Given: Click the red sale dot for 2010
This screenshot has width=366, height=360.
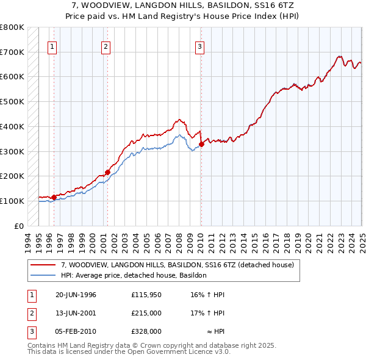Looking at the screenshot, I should (201, 144).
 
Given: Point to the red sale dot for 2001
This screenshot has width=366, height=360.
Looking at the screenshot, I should (107, 172).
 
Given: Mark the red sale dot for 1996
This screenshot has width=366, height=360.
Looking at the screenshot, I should (54, 197).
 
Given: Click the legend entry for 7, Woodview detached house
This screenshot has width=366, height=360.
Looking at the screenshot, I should (178, 265).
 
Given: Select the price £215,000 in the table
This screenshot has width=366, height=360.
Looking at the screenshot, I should (146, 313).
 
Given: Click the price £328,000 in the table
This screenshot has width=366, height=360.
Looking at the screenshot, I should (146, 331).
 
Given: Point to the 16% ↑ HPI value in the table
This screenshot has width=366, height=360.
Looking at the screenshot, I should (207, 295).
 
